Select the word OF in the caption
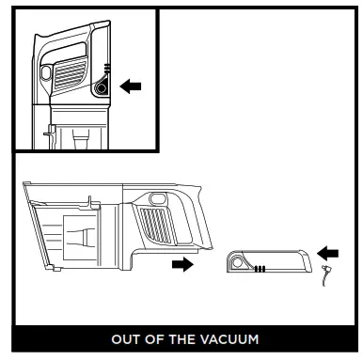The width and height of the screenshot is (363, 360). [152, 338]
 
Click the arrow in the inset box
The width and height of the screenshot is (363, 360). [132, 86]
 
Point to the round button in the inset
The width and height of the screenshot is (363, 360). [101, 87]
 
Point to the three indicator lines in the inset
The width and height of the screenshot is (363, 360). [106, 69]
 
